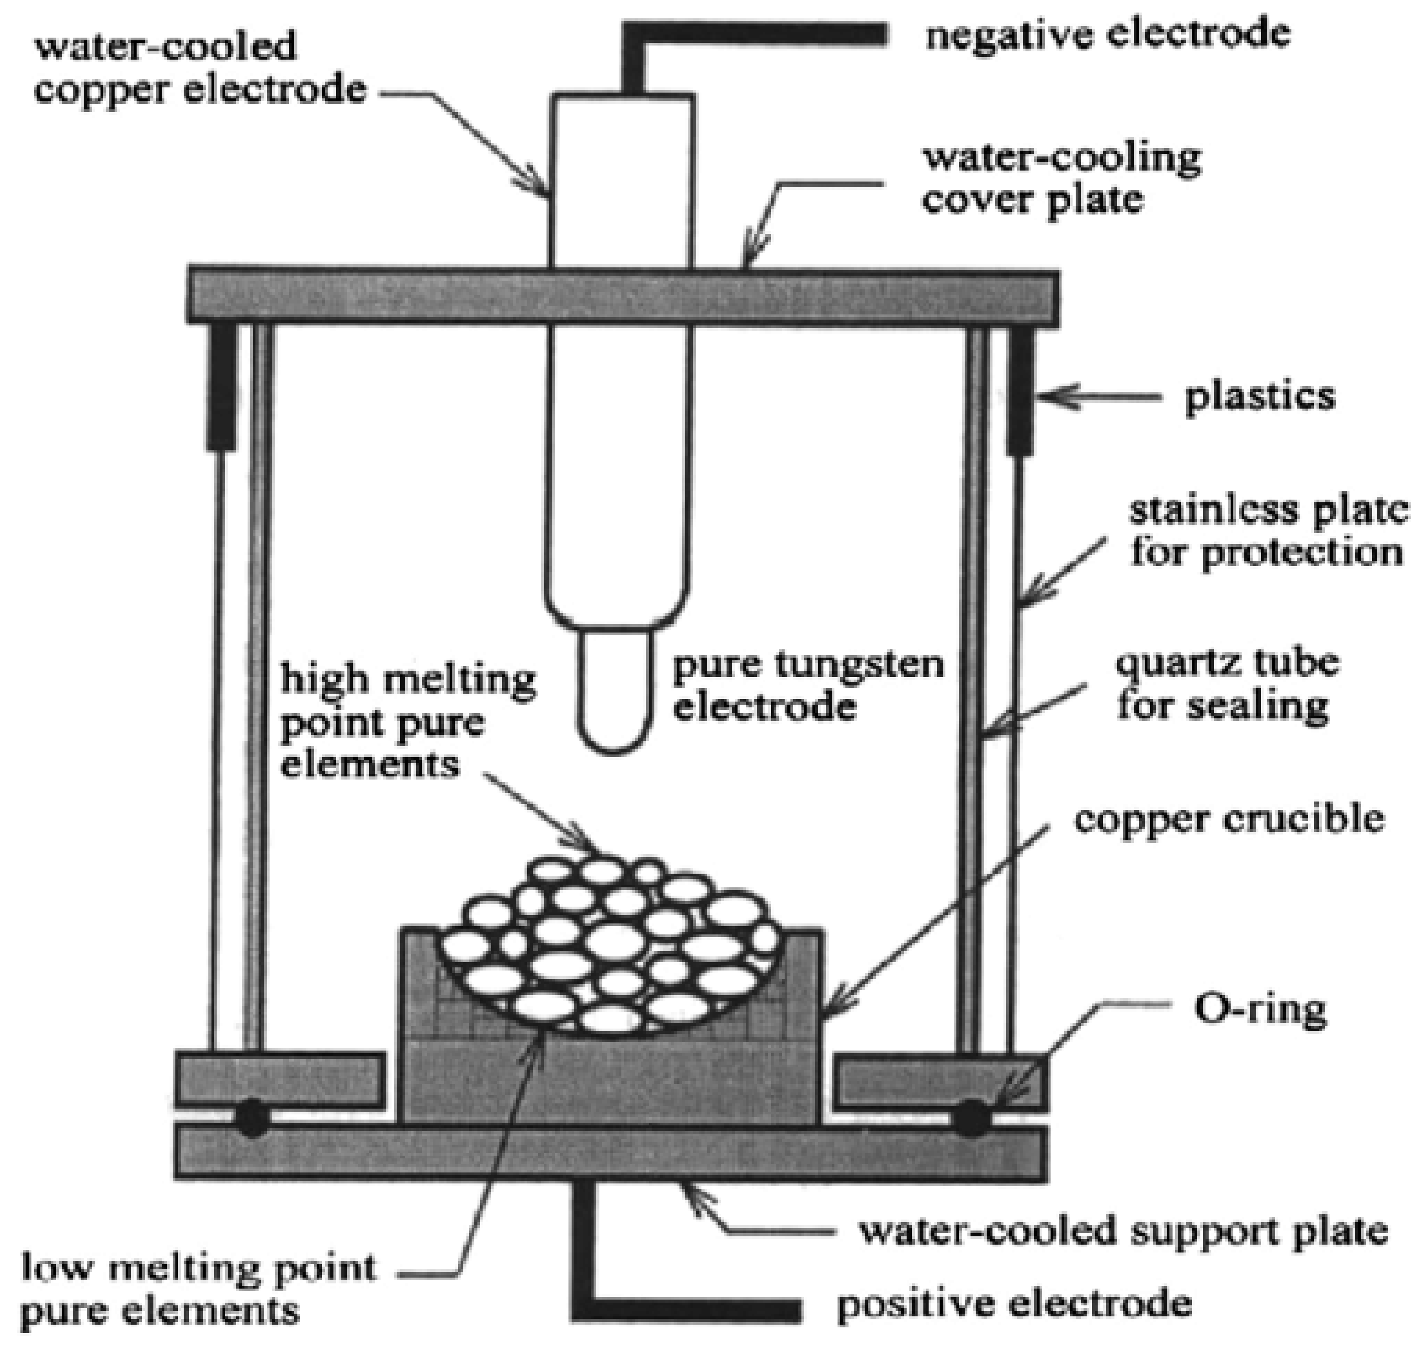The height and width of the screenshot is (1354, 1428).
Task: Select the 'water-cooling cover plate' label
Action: (1061, 177)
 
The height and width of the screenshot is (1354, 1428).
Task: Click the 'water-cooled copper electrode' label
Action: (200, 69)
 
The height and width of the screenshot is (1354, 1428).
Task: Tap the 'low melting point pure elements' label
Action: (198, 1288)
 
